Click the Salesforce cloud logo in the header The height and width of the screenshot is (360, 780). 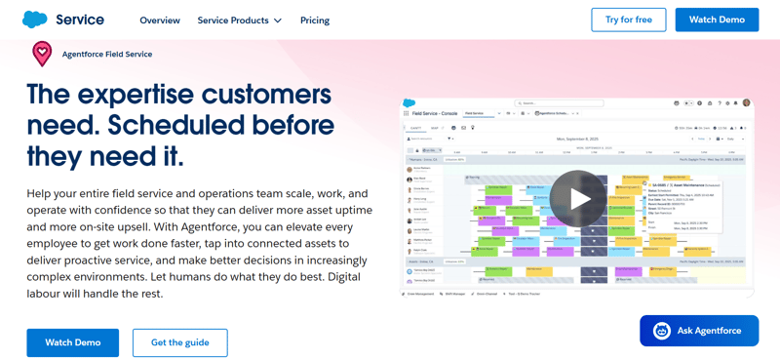click(x=34, y=20)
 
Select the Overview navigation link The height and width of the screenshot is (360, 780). click(x=160, y=20)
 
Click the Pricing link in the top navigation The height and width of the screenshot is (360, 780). click(x=315, y=20)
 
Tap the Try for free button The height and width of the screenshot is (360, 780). click(x=629, y=20)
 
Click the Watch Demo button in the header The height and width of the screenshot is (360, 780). click(x=717, y=20)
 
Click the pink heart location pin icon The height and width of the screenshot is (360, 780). click(x=42, y=54)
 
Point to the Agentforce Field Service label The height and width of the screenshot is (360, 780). click(x=107, y=55)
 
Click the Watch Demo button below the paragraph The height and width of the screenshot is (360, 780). click(x=73, y=342)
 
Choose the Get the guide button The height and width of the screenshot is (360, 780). click(x=180, y=342)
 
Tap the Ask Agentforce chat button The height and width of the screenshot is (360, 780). click(x=698, y=331)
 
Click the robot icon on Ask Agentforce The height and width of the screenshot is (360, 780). click(x=662, y=331)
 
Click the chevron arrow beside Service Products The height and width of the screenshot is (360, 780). click(x=278, y=20)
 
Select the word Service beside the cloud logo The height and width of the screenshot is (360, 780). click(x=80, y=20)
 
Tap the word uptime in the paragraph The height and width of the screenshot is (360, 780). click(x=346, y=210)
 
